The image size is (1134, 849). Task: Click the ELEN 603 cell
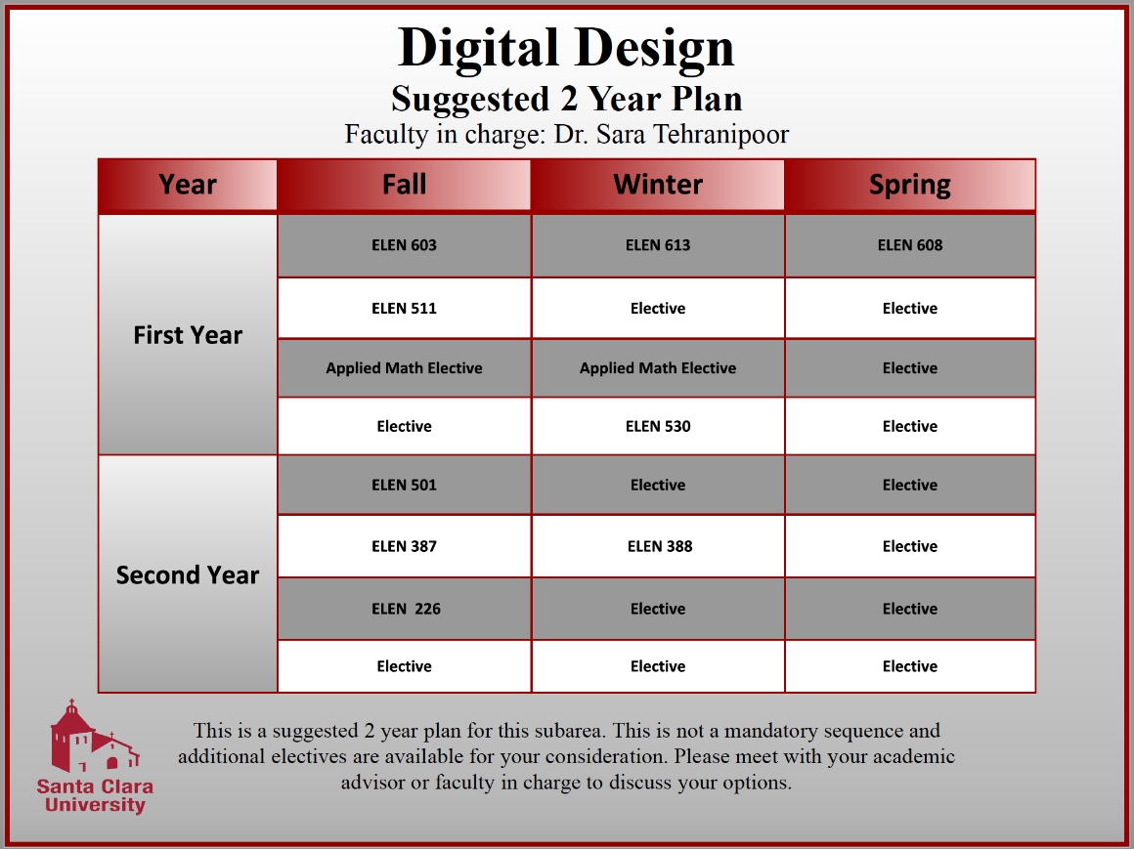tap(404, 245)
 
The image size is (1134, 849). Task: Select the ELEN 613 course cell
tap(658, 245)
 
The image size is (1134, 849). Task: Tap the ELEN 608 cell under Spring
tap(910, 245)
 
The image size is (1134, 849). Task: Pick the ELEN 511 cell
tap(404, 309)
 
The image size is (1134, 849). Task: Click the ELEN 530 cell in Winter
tap(658, 426)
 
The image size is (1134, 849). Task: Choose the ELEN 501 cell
tap(404, 485)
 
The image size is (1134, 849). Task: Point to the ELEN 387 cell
tap(404, 546)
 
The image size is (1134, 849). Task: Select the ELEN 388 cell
tap(658, 546)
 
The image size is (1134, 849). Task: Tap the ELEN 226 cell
tap(404, 609)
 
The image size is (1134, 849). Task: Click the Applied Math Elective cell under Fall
tap(404, 368)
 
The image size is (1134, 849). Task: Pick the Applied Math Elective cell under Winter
tap(658, 368)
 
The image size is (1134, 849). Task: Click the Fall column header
tap(404, 185)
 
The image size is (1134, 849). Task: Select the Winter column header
tap(658, 185)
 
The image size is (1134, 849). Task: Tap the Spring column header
tap(910, 185)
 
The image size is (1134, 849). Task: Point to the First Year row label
tap(188, 335)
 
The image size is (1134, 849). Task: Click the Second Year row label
tap(188, 574)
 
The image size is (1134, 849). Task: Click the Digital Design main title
tap(566, 47)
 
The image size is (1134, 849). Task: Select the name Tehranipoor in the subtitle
tap(720, 134)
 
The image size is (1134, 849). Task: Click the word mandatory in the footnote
tap(771, 731)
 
